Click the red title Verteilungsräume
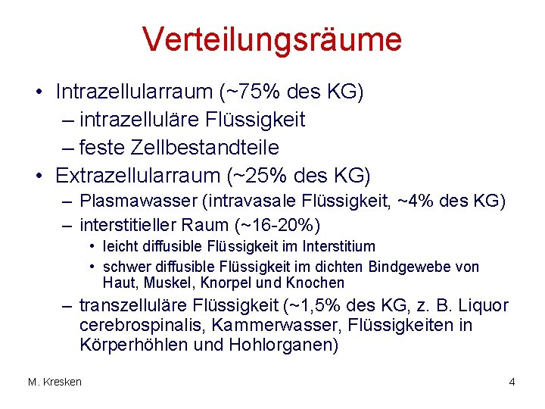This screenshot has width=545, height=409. point(272,39)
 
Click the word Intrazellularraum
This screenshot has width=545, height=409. point(134,92)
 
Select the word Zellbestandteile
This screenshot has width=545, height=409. point(213,147)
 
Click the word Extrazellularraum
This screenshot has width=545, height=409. point(137,175)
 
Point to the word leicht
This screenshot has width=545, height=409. point(119,247)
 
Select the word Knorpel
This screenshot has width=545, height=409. point(238,283)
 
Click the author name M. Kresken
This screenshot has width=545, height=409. point(54,382)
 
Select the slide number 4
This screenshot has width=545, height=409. point(512,382)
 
